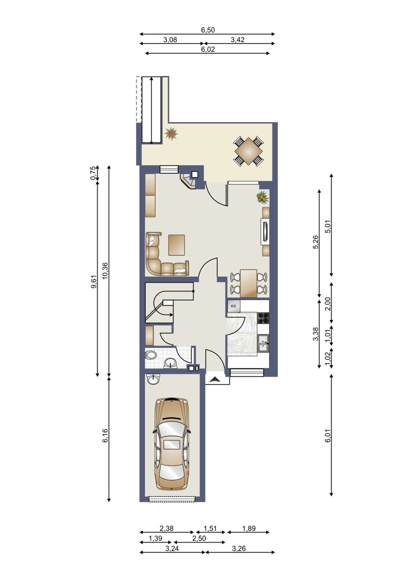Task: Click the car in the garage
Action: pos(172,444)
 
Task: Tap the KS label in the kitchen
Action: pos(234,306)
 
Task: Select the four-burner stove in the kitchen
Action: pos(263,318)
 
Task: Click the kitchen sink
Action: pos(264,343)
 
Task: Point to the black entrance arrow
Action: pos(215,380)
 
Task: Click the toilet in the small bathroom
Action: pos(151,355)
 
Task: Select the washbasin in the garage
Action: pos(152,379)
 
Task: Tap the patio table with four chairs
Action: pos(249,151)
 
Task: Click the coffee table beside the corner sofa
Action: pos(176,245)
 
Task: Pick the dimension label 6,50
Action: pos(208,30)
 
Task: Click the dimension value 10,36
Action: pos(105,271)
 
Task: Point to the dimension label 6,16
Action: pos(105,436)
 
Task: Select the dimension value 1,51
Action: pos(210,529)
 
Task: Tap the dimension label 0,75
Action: pos(93,172)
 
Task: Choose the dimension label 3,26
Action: pos(239,548)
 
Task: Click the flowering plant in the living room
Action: pos(263,197)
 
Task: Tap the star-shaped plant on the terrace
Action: pos(171,133)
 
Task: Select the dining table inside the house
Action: pos(249,283)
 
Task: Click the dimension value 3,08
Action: pos(170,40)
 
